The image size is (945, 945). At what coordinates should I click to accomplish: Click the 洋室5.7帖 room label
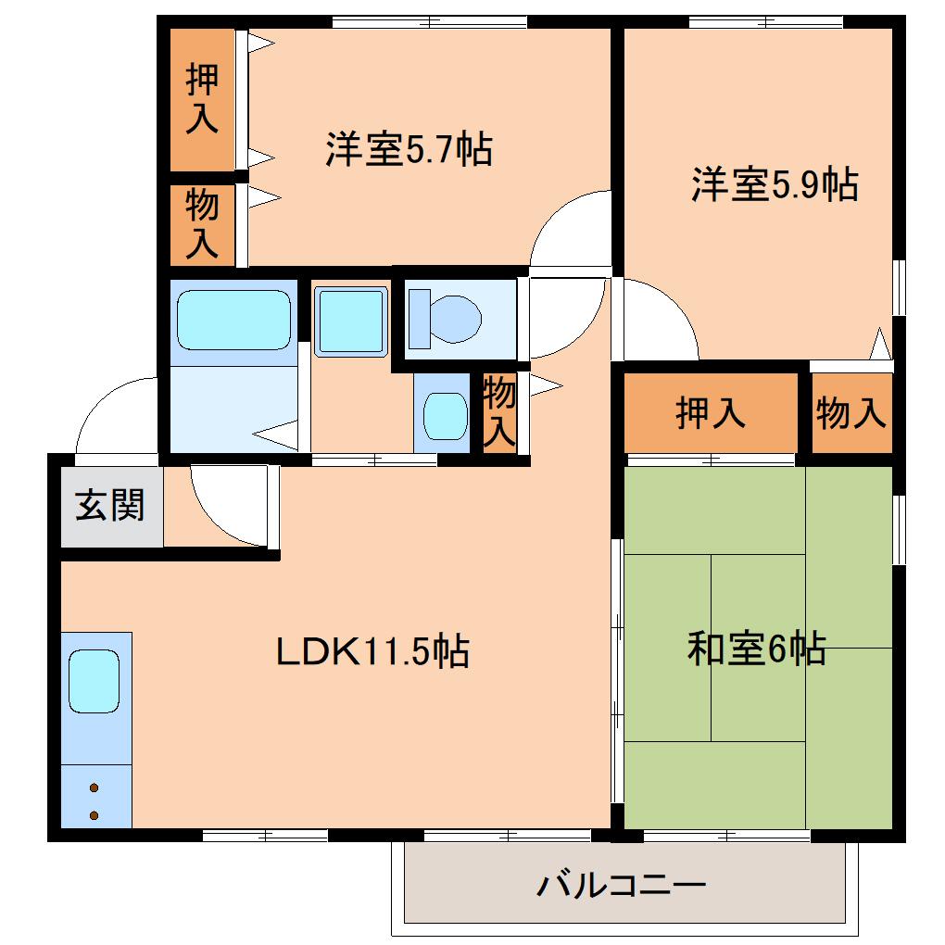coord(408,149)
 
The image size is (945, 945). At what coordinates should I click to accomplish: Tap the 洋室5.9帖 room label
coord(774,184)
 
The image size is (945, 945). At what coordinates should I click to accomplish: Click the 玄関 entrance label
coord(110,507)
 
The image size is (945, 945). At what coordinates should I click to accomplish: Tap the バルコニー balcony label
coord(622,886)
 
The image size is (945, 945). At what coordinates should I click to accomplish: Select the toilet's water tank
coord(419,318)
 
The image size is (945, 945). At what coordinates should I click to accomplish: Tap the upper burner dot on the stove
coord(94,788)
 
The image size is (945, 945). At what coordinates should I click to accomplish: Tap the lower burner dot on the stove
coord(94,815)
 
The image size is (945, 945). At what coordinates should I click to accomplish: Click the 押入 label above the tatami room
coord(711,413)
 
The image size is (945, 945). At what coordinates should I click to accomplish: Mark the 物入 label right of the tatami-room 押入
coord(851,413)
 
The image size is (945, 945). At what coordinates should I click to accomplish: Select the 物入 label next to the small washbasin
coord(499,412)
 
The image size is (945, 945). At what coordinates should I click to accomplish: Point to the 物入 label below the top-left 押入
coord(202,223)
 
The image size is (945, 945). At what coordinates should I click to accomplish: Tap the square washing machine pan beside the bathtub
coord(350,321)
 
